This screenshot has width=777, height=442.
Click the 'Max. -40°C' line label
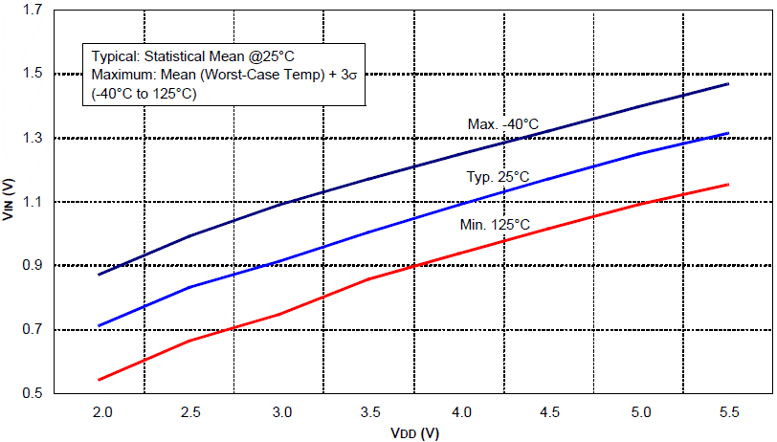pyautogui.click(x=502, y=124)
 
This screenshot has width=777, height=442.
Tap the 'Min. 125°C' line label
pyautogui.click(x=495, y=225)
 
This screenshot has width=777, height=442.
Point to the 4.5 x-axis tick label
pyautogui.click(x=549, y=411)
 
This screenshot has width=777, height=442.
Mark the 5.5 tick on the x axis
pyautogui.click(x=729, y=411)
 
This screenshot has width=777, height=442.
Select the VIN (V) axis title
pyautogui.click(x=10, y=201)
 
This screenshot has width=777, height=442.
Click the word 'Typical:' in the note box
pyautogui.click(x=116, y=55)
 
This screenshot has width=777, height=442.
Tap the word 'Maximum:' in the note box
pyautogui.click(x=122, y=74)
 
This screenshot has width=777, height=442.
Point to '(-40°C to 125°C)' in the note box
pyautogui.click(x=144, y=93)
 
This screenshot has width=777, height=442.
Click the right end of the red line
pyautogui.click(x=729, y=184)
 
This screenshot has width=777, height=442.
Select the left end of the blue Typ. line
pyautogui.click(x=100, y=326)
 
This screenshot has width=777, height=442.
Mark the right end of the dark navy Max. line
pyautogui.click(x=729, y=84)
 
